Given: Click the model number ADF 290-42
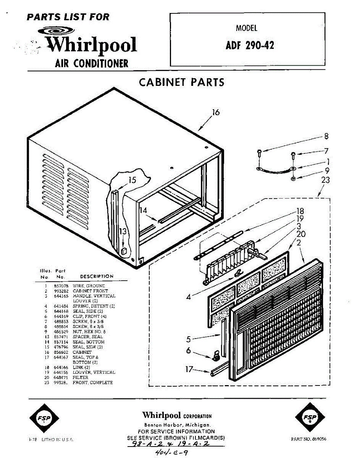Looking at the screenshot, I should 250,45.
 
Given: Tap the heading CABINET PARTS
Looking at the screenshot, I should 181,82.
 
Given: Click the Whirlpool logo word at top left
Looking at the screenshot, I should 91,45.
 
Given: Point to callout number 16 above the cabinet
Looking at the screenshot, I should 216,112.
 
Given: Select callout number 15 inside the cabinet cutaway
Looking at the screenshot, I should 132,180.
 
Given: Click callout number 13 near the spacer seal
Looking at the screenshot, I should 123,231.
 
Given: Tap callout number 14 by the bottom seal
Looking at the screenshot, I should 143,210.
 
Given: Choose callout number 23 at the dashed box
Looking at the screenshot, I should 325,179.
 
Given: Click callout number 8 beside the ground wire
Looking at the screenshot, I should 326,136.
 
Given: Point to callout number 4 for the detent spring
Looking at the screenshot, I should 189,297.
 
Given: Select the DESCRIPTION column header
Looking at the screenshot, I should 97,276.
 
